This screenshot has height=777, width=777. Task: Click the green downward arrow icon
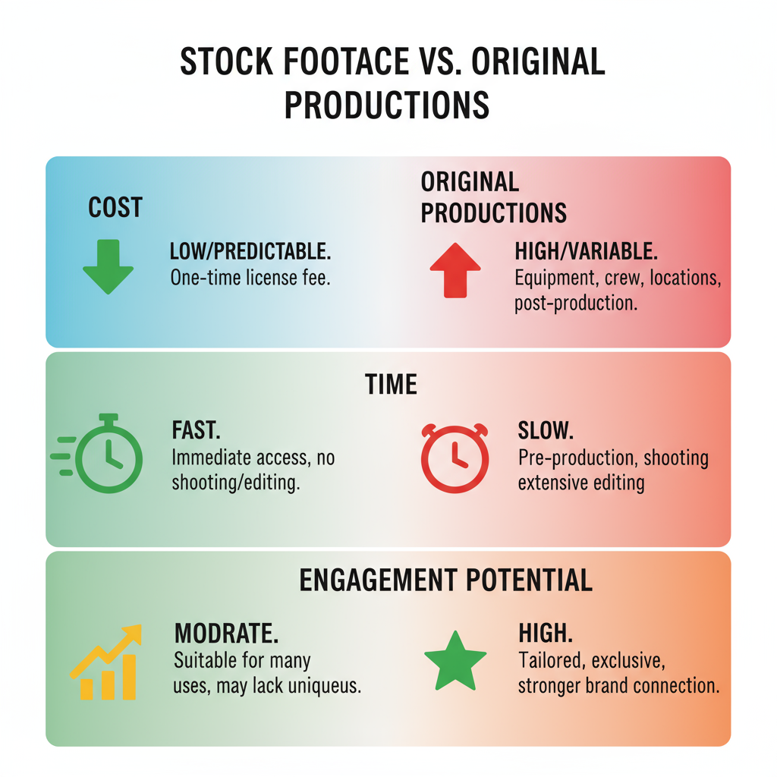(108, 266)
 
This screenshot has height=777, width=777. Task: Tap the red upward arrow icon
(455, 271)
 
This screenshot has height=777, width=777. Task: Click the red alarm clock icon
(455, 458)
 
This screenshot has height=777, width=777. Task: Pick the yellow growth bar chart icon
(106, 662)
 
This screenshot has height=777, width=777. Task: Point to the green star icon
(455, 662)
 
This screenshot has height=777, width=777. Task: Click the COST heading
(115, 207)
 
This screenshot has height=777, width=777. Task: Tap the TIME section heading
(391, 384)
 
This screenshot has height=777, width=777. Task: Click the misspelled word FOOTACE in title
(346, 61)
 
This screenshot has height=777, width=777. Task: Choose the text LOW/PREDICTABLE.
(250, 251)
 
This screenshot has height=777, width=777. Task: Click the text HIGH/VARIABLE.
(587, 251)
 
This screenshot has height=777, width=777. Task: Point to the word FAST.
(197, 430)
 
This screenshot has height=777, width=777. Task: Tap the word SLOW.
(546, 430)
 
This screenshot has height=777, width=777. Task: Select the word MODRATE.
(226, 634)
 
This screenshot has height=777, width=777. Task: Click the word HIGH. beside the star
(546, 634)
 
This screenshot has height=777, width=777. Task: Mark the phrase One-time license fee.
(250, 278)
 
